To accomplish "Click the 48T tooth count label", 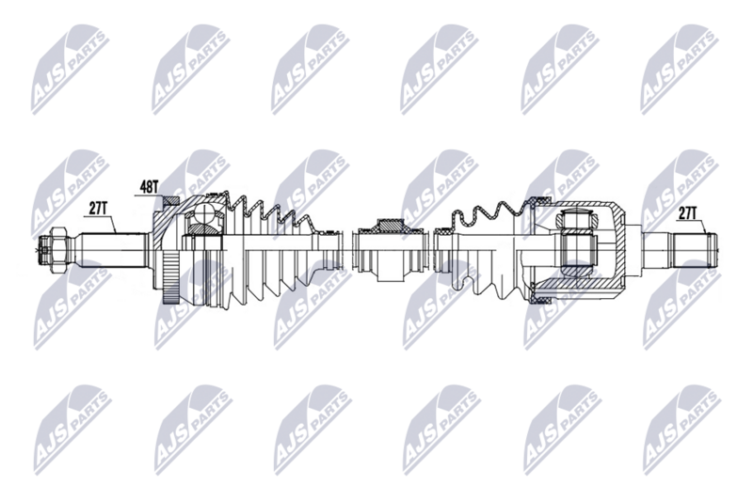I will [150, 188].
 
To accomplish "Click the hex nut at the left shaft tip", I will [54, 249].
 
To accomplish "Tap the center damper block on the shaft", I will [389, 250].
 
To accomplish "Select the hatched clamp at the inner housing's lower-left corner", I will [540, 300].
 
